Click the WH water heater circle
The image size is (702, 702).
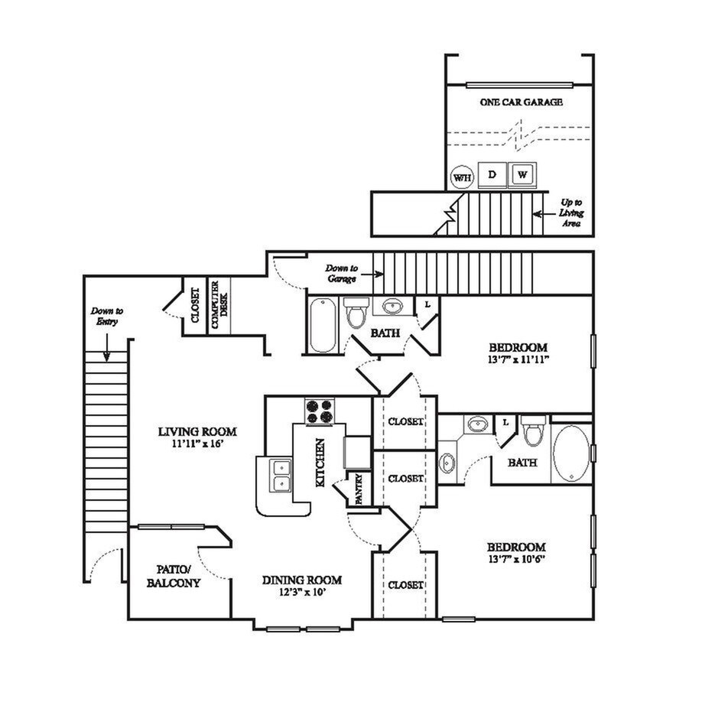[462, 177]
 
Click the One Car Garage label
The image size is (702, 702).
[522, 102]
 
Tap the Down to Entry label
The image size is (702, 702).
[106, 317]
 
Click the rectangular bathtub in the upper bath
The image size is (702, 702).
[322, 324]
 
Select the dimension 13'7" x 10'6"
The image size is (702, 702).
[516, 559]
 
